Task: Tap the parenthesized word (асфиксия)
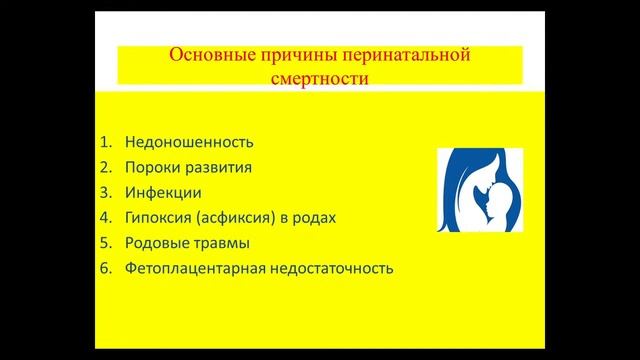[x=237, y=217]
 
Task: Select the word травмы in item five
[x=222, y=243]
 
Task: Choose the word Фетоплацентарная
[x=193, y=269]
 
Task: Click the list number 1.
[x=106, y=141]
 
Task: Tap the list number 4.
[x=106, y=217]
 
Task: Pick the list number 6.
[x=106, y=269]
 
